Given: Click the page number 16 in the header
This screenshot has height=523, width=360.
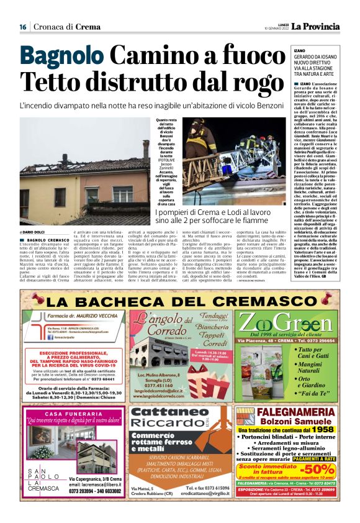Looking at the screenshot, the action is [x=22, y=27].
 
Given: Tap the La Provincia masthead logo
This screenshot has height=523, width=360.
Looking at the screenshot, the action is [x=316, y=26].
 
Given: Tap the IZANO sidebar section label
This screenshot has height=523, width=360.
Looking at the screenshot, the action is [x=299, y=50].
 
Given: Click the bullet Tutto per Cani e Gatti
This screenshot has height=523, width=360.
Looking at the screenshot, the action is [x=317, y=353].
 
